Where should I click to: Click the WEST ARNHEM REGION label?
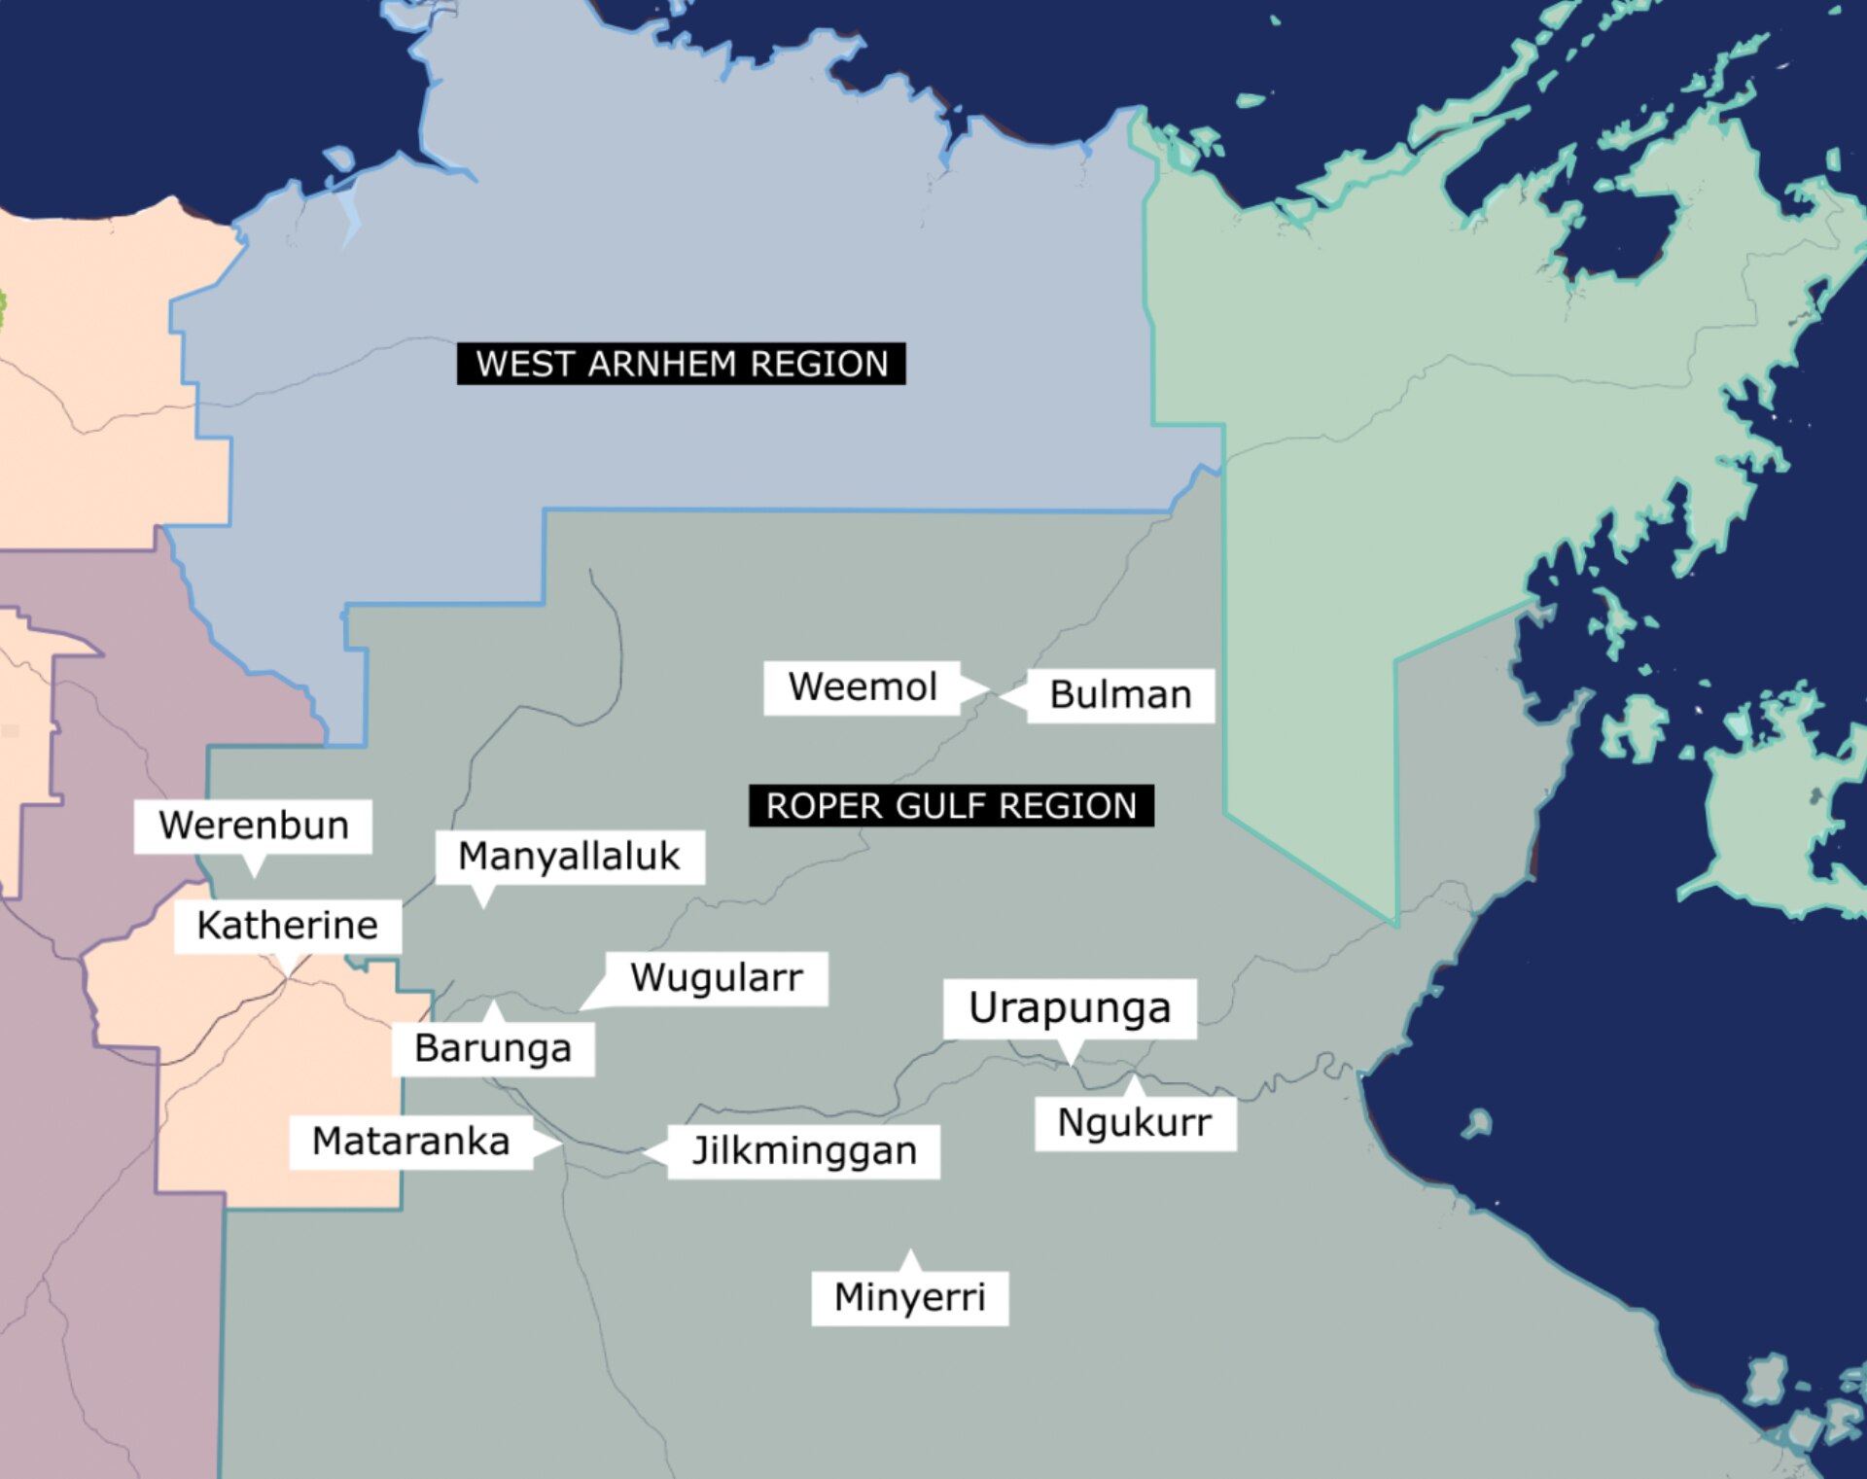pos(681,364)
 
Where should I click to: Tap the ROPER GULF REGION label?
pos(951,806)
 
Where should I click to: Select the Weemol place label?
pos(863,687)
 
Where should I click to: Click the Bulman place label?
pos(1120,695)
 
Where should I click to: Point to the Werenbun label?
pos(253,826)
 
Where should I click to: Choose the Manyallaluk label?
pos(569,857)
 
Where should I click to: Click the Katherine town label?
pos(287,926)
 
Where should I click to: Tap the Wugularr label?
pos(717,978)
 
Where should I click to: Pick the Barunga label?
pos(493,1049)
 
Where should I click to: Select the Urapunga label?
pos(1070,1008)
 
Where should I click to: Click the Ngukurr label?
pos(1135,1123)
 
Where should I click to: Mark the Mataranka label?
pos(410,1142)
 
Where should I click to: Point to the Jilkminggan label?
pos(804,1151)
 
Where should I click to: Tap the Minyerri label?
pos(910,1297)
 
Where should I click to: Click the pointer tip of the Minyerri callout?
pos(910,1250)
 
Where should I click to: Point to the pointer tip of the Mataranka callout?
pos(562,1145)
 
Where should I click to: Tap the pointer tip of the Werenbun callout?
pos(255,877)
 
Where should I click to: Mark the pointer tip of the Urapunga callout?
pos(1072,1065)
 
